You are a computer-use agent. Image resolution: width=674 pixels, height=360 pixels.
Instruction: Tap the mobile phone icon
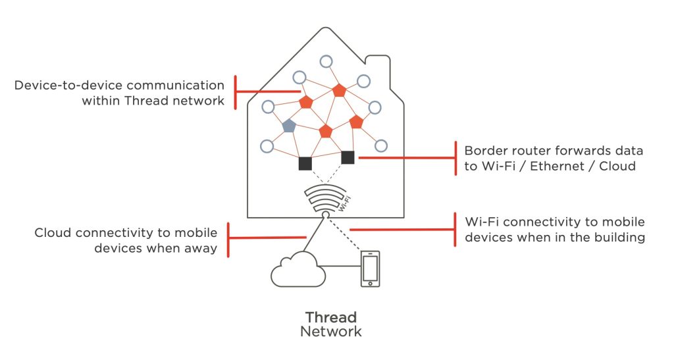click(x=371, y=269)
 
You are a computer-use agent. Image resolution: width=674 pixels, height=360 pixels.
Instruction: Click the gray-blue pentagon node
click(x=288, y=126)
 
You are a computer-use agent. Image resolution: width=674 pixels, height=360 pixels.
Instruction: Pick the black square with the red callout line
click(x=348, y=157)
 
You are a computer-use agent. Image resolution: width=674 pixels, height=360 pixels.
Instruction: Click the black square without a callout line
click(x=305, y=163)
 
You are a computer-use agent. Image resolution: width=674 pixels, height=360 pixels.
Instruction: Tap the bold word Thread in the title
click(x=330, y=317)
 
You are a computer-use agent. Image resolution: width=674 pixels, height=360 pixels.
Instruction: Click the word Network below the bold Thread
click(x=330, y=332)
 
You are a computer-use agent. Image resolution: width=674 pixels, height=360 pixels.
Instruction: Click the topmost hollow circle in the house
click(x=326, y=61)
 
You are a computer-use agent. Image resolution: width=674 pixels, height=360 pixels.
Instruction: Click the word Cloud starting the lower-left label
click(x=53, y=233)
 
